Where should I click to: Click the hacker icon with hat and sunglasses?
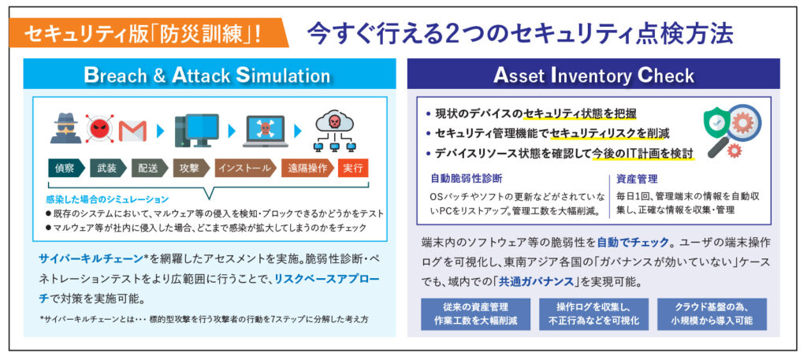pyautogui.click(x=65, y=128)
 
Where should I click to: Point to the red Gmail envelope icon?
pyautogui.click(x=134, y=128)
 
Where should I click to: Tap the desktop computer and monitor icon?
pyautogui.click(x=195, y=130)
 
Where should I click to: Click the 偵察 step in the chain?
pyautogui.click(x=65, y=169)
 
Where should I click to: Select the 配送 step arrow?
pyautogui.click(x=148, y=169)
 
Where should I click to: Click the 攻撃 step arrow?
pyautogui.click(x=190, y=169)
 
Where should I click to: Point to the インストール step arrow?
pyautogui.click(x=244, y=169)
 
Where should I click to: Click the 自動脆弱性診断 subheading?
pyautogui.click(x=467, y=179)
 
